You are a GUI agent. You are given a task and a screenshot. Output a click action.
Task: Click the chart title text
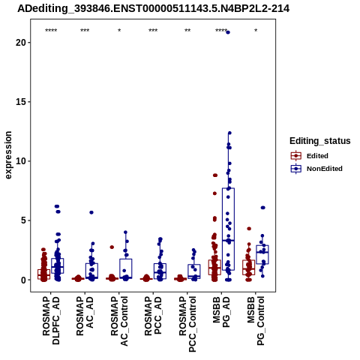click(153, 8)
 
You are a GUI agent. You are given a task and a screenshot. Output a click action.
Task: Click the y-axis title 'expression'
click(8, 155)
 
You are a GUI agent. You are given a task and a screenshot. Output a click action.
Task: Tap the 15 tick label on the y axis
click(21, 102)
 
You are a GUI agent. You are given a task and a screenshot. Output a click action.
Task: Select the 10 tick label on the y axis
click(21, 161)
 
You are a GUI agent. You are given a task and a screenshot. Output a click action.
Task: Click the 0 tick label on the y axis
click(23, 280)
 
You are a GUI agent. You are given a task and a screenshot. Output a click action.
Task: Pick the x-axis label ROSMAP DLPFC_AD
click(51, 321)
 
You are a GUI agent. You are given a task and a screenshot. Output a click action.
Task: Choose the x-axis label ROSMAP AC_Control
click(119, 321)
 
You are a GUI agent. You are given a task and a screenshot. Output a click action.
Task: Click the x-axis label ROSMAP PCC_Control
click(187, 324)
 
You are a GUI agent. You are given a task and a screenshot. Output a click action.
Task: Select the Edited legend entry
click(310, 156)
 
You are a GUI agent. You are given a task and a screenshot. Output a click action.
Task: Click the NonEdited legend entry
click(316, 169)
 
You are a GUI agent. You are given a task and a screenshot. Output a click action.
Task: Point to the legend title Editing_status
click(320, 141)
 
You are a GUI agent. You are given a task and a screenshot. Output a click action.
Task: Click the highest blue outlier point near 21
click(228, 32)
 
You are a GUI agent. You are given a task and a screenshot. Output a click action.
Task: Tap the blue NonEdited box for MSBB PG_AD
click(228, 229)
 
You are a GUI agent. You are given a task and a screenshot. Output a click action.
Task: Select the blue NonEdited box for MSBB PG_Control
click(262, 254)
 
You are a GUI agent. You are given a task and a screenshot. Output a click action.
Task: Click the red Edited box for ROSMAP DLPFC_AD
click(43, 274)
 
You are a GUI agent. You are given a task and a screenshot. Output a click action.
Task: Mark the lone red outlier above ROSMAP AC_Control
click(112, 247)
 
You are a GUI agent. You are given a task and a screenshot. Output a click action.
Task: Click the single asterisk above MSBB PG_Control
click(256, 31)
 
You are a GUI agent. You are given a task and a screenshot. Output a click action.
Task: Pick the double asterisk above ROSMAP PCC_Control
click(187, 31)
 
